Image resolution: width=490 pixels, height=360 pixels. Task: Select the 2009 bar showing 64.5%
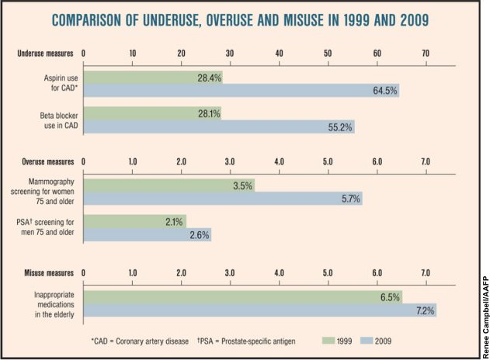(241, 91)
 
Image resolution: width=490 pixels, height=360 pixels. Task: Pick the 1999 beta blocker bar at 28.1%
(152, 113)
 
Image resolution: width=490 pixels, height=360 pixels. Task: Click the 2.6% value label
(199, 234)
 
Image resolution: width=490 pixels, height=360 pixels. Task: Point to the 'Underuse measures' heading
(46, 54)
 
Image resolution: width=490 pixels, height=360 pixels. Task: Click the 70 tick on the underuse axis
(426, 54)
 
